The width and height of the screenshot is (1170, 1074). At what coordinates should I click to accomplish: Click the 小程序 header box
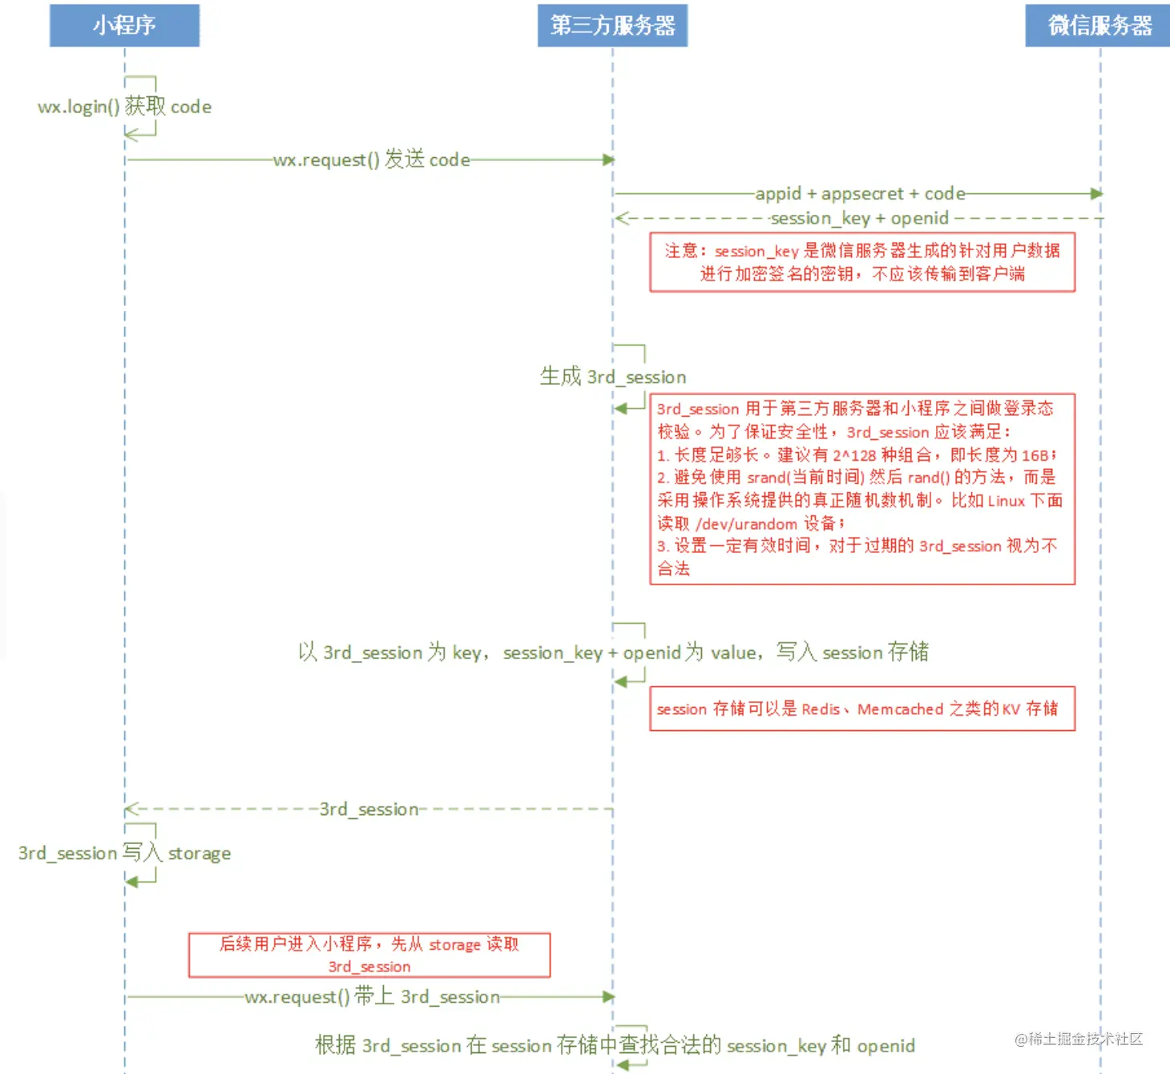[x=124, y=26]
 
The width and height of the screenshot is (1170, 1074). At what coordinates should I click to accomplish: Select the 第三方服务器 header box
[x=612, y=26]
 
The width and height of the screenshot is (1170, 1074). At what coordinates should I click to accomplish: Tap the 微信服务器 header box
[x=1099, y=26]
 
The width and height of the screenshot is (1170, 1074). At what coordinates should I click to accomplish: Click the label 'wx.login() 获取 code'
[x=124, y=107]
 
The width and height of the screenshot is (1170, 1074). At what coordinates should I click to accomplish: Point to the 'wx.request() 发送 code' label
[x=371, y=159]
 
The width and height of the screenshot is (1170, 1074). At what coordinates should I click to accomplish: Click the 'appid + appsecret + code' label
[x=860, y=194]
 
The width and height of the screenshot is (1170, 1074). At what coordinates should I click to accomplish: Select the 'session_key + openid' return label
[x=859, y=218]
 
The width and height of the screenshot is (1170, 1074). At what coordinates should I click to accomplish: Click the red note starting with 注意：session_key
[x=862, y=262]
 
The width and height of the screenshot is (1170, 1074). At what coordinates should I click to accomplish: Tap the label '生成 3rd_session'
[x=613, y=377]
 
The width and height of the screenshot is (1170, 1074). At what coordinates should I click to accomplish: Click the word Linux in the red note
[x=1006, y=501]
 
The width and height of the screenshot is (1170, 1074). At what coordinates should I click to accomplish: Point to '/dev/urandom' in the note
[x=746, y=524]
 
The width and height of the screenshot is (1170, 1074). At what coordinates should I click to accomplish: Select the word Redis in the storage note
[x=821, y=709]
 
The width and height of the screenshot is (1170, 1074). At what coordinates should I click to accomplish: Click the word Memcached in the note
[x=900, y=709]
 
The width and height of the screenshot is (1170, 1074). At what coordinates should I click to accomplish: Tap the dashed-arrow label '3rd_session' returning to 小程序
[x=369, y=810]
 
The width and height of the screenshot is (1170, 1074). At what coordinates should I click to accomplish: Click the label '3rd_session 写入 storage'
[x=124, y=853]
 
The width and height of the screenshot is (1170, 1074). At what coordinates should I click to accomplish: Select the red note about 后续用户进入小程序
[x=369, y=955]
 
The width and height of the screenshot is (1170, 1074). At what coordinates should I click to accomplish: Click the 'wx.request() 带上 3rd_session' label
[x=372, y=997]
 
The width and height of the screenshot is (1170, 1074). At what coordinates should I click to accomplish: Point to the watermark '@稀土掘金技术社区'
[x=1079, y=1039]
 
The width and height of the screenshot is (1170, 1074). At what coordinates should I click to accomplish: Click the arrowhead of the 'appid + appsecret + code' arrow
[x=1096, y=194]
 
